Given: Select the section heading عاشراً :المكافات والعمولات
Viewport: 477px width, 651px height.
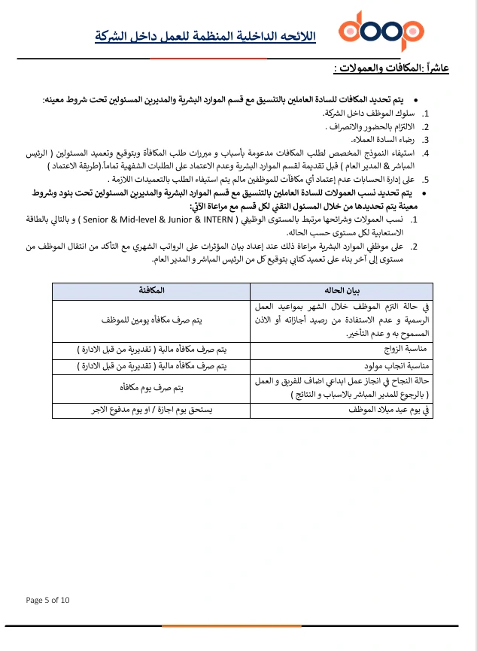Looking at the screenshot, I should pos(391,68).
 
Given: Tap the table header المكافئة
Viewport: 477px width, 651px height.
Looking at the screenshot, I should pos(151,290).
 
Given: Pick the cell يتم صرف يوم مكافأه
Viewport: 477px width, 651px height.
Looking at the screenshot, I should pos(151,389).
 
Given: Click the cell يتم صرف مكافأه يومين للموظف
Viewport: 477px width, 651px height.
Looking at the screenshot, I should pos(151,320).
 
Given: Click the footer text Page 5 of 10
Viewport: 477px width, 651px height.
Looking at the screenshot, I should pos(47,600).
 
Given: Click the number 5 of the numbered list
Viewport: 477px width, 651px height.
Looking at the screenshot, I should pos(424,180).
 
